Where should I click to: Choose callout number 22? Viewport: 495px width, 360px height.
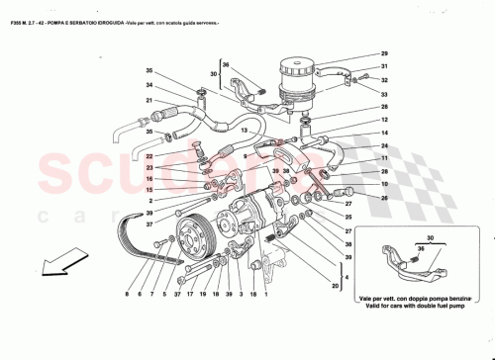point(151,156)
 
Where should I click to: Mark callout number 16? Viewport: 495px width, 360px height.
point(151,179)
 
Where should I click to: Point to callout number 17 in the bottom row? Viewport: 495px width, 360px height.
point(189,295)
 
